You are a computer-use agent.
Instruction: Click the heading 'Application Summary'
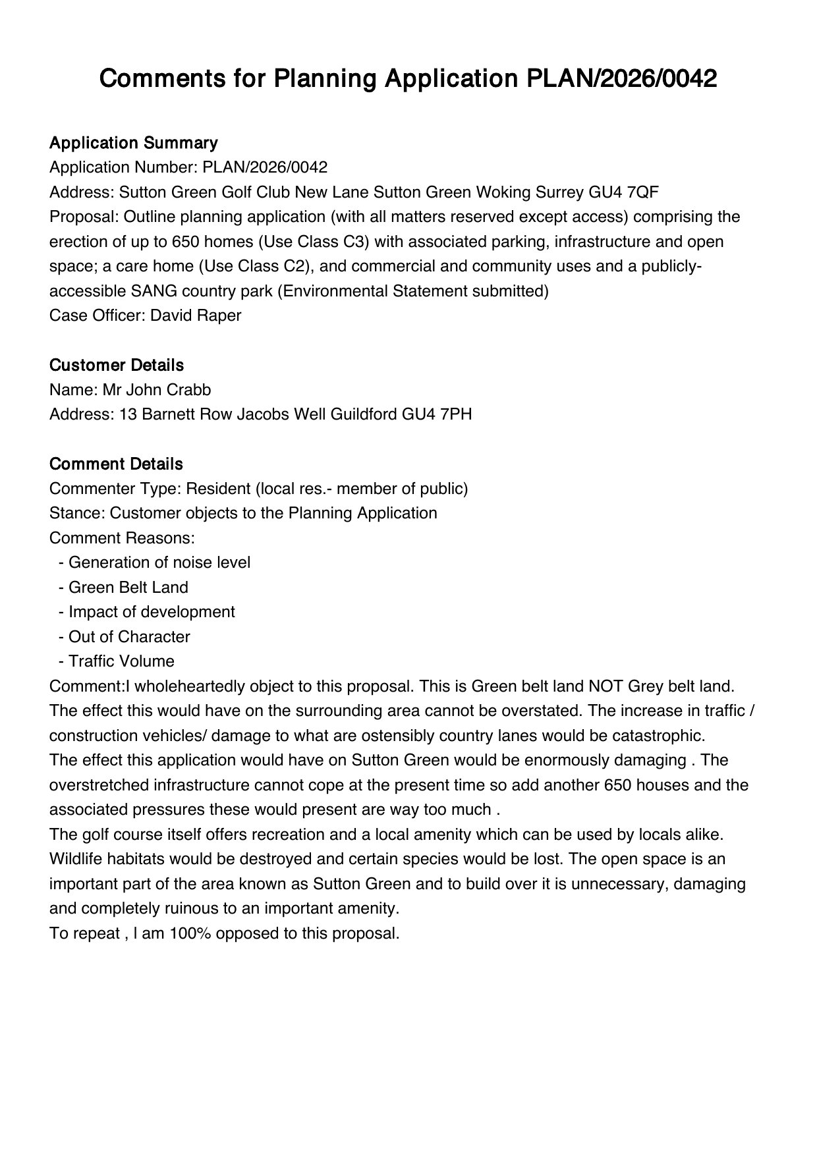(x=133, y=143)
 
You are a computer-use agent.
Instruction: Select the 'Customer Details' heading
(x=117, y=365)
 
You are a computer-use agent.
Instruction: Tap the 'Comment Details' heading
(x=116, y=464)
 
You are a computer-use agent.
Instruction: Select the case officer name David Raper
(x=196, y=316)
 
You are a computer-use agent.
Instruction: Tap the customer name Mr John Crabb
(x=157, y=390)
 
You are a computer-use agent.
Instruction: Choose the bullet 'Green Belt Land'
(x=128, y=588)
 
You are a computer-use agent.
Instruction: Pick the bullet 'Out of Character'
(x=129, y=637)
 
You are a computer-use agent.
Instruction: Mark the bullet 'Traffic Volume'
(x=122, y=661)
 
